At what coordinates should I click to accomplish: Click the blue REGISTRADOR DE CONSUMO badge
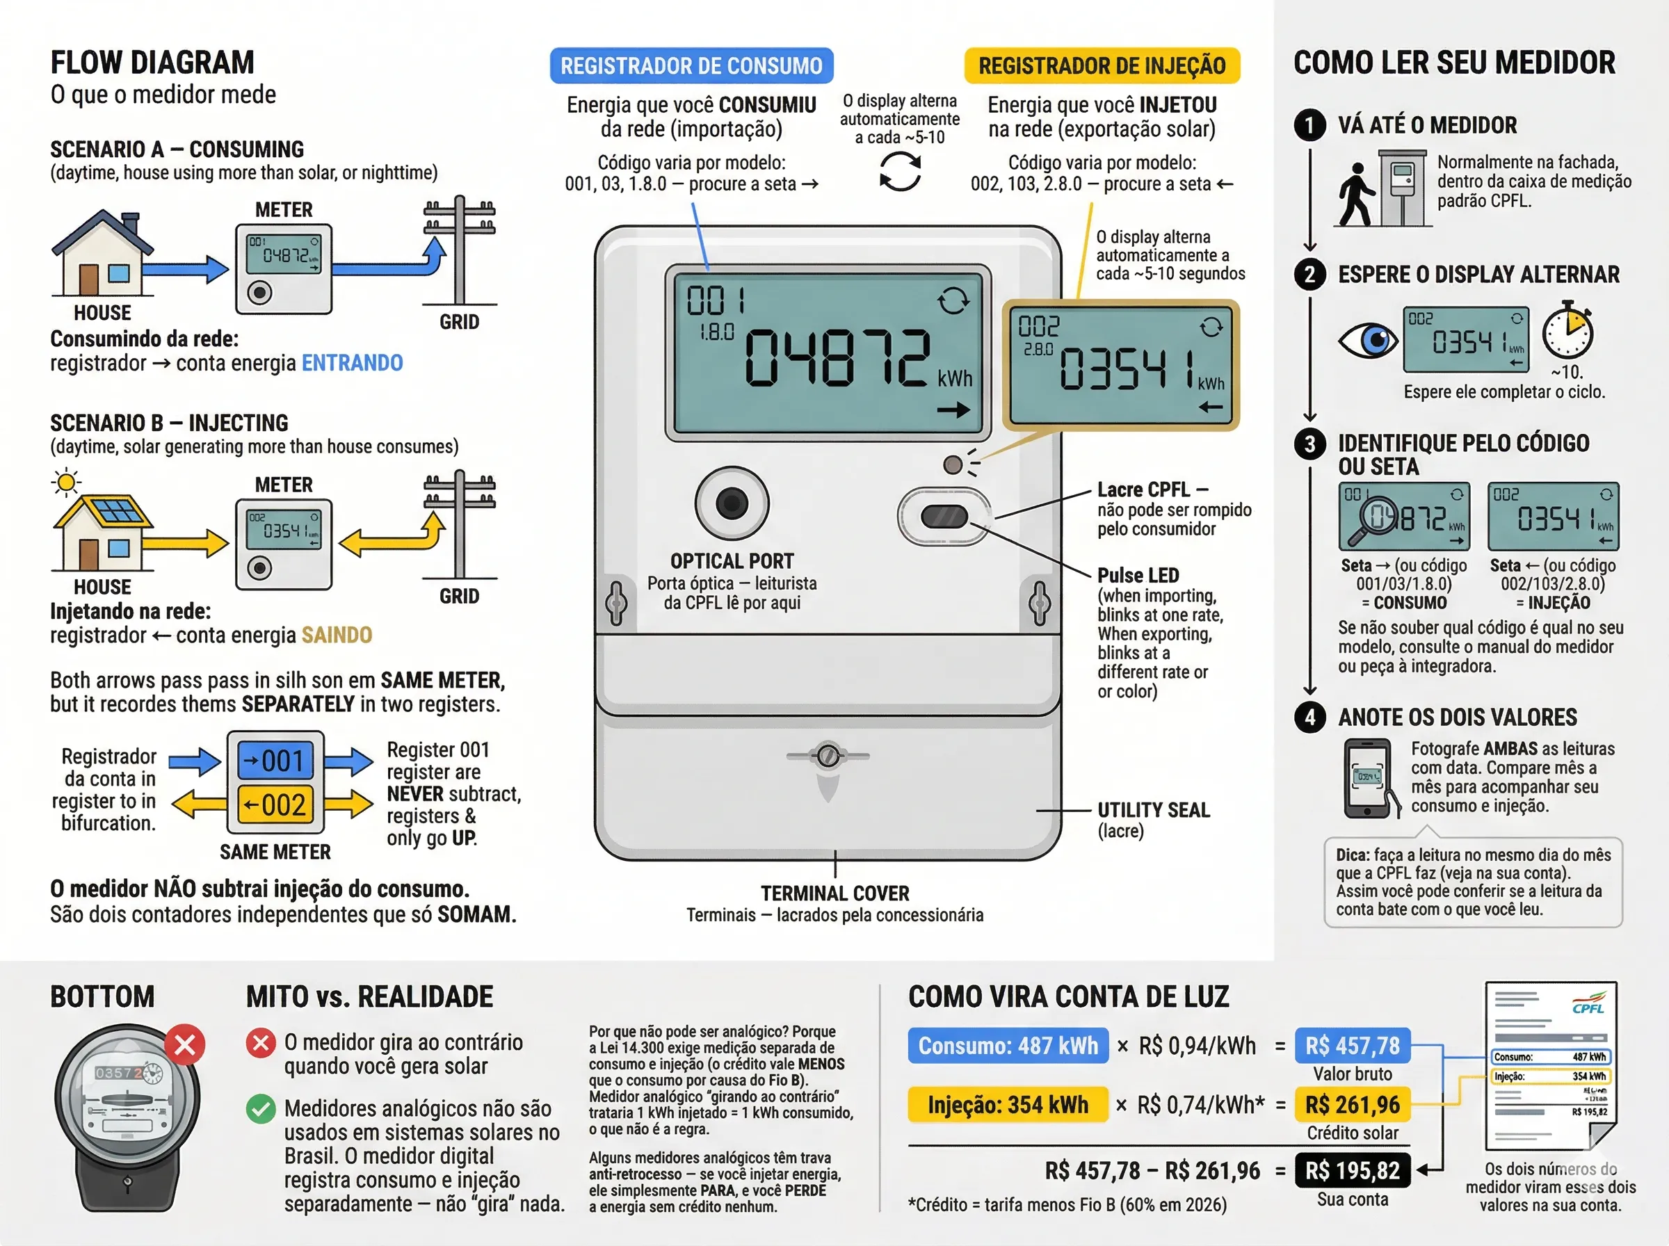point(691,65)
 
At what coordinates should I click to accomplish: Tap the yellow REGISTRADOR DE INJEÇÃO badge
point(1101,65)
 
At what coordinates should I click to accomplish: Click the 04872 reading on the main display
point(836,358)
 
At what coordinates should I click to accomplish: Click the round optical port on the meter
point(731,502)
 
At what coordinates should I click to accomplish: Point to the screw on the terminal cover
point(828,755)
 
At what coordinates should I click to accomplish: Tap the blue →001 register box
point(275,760)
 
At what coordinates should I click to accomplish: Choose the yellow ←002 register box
point(275,804)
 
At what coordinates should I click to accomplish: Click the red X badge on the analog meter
point(185,1044)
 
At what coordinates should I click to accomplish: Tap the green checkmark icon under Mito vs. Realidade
point(261,1109)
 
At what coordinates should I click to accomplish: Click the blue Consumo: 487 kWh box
point(1008,1045)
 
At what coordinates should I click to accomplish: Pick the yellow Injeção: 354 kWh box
point(1008,1105)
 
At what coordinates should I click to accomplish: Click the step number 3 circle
point(1310,444)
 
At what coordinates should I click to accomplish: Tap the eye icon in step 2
point(1368,340)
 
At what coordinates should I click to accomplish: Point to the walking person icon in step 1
point(1355,195)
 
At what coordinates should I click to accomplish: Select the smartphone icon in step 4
point(1367,777)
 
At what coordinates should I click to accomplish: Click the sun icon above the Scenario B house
point(66,482)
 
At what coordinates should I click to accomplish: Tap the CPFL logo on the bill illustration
point(1588,1008)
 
